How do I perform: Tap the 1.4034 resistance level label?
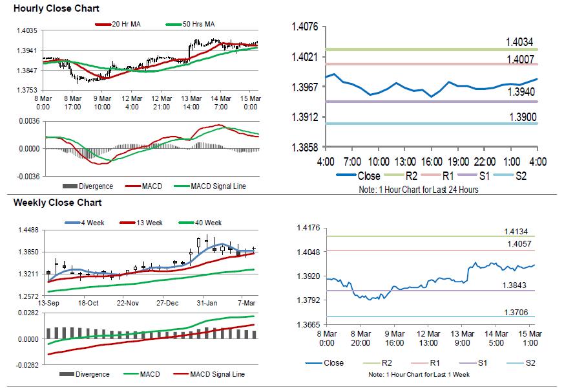pos(519,43)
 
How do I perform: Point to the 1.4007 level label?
pos(519,59)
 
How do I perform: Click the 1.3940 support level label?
pos(519,93)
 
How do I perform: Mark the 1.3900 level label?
pos(519,117)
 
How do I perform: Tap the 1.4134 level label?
pos(516,231)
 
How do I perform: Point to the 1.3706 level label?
pos(516,313)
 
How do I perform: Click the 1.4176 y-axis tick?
pos(308,228)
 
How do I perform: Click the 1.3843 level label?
pos(516,285)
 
